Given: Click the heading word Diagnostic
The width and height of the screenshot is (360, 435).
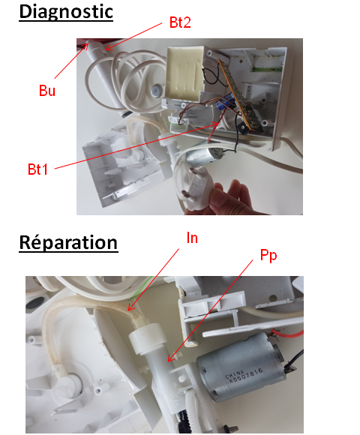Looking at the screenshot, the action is [66, 12].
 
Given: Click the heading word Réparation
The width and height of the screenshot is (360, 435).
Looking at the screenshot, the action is [68, 243].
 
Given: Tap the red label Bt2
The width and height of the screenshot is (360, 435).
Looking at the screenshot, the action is [180, 22].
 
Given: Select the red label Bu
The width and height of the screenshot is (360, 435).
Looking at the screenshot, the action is [46, 91].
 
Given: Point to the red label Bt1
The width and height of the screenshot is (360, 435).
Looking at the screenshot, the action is [37, 169].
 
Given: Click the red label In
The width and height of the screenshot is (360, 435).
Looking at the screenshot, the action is [192, 238].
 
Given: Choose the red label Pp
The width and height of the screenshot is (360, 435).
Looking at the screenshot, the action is [268, 256].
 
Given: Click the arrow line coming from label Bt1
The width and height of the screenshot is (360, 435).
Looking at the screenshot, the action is [136, 145].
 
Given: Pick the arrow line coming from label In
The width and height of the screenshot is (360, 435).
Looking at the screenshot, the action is [154, 279].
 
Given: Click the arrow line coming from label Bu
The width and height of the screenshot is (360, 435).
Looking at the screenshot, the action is [71, 61].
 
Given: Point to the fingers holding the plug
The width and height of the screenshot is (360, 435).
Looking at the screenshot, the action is [230, 197].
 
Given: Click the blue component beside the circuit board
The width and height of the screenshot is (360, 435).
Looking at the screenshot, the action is [225, 102].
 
